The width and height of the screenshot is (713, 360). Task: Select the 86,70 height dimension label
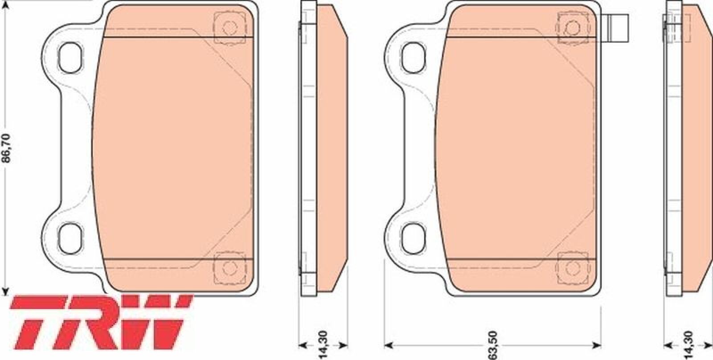[x=6, y=148]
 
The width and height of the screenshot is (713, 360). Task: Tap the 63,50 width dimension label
[x=492, y=345]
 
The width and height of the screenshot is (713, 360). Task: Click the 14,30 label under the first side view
[x=323, y=345]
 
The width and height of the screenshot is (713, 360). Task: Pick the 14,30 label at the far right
[x=688, y=346]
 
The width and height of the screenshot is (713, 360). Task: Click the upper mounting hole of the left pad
[x=70, y=57]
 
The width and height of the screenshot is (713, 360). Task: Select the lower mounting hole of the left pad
[x=70, y=238]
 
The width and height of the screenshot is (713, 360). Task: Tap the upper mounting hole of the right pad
[x=414, y=57]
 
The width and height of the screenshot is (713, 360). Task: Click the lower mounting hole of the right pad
[x=414, y=238]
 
